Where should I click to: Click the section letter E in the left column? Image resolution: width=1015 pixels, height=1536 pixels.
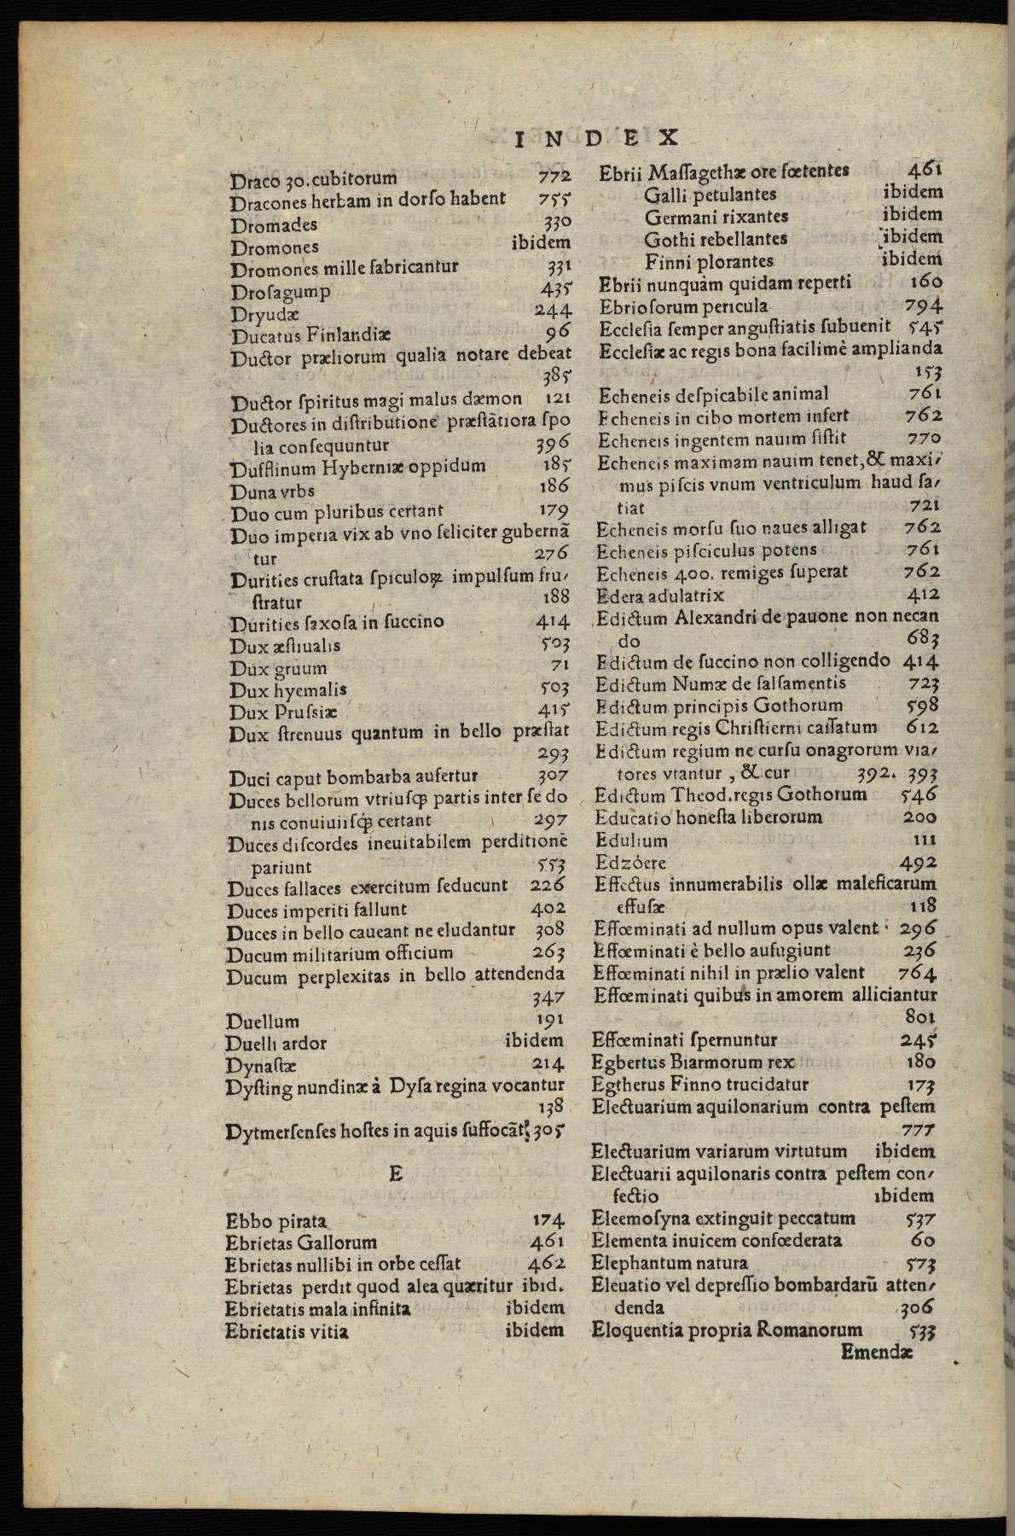point(395,1173)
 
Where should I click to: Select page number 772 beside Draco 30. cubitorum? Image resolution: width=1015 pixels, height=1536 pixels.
point(554,177)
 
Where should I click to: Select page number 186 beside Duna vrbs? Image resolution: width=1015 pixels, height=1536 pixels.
point(554,486)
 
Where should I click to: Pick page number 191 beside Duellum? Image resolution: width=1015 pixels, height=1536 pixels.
point(549,1019)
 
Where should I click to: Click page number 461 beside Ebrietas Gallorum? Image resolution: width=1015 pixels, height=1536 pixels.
point(547,1241)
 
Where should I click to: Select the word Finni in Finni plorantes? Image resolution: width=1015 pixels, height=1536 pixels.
point(666,261)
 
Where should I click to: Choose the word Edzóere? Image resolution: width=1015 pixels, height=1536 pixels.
point(631,862)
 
